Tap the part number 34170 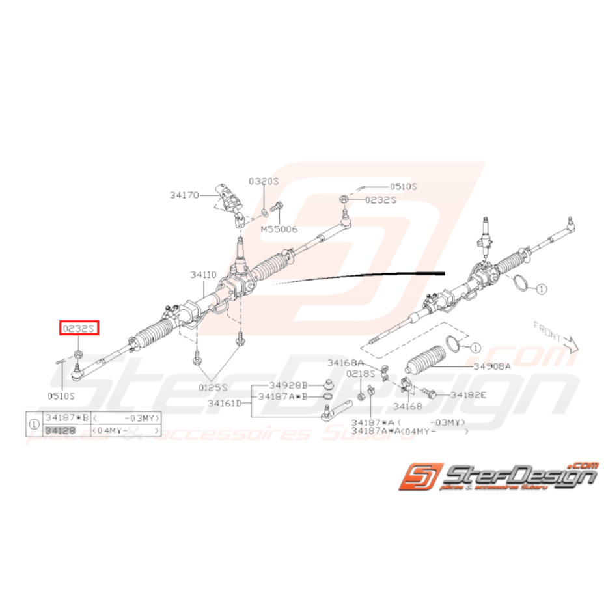(x=184, y=194)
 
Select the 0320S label (x=263, y=181)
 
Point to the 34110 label (x=203, y=275)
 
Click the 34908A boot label (x=492, y=366)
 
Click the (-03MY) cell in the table (x=127, y=419)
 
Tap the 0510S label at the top (x=403, y=186)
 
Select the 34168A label (x=345, y=363)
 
